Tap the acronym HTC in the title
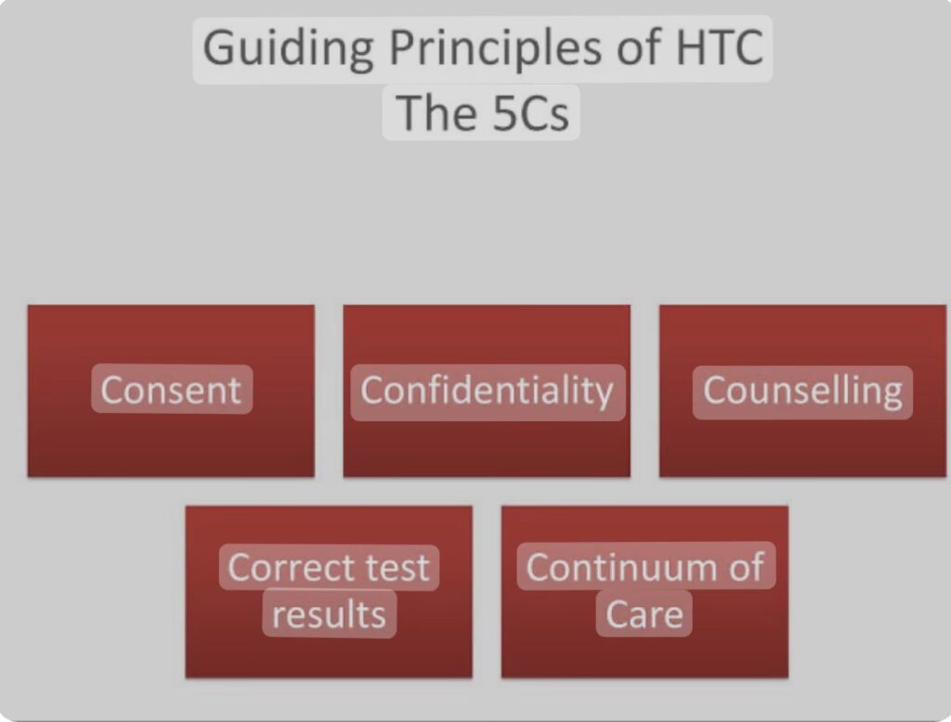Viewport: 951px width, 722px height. coord(720,46)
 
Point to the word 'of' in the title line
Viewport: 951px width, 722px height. coord(640,46)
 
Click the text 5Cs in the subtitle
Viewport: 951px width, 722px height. coord(530,113)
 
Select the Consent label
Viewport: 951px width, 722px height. coord(171,390)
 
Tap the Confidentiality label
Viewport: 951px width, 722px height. coord(487,392)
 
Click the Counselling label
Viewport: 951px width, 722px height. coord(802,392)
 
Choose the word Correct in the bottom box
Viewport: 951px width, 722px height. coord(286,568)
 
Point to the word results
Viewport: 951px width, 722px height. coord(329,614)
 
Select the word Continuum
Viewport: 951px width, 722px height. coord(624,568)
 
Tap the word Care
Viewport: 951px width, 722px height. coord(645,614)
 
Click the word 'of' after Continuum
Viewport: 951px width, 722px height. coord(748,567)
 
